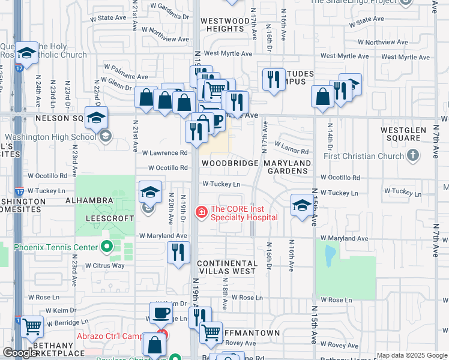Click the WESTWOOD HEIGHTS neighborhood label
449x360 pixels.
(x=224, y=25)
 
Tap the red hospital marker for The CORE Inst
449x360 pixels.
(x=202, y=212)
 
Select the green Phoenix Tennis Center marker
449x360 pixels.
(x=107, y=247)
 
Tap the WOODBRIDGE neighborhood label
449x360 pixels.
(x=230, y=163)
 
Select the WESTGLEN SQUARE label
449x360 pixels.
(x=404, y=134)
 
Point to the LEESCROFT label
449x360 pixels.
(x=109, y=218)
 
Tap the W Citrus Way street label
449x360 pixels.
(x=104, y=265)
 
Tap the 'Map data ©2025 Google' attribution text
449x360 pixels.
(x=412, y=355)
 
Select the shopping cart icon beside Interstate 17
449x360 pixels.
(x=32, y=326)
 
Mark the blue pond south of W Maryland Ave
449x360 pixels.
(x=330, y=255)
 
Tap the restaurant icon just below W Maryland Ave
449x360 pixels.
(x=178, y=251)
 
